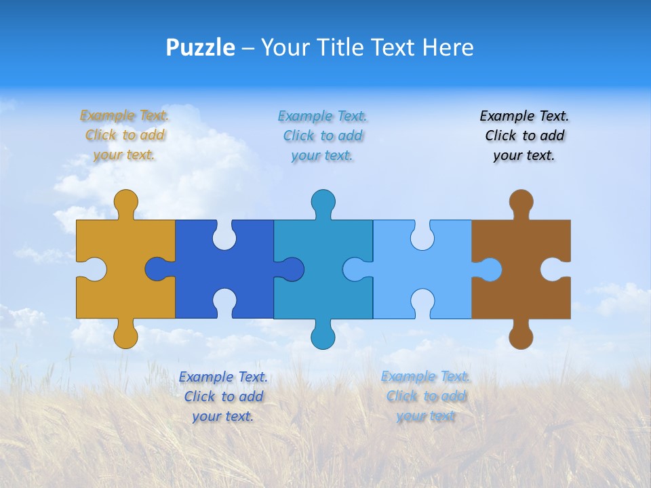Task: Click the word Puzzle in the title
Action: coord(200,47)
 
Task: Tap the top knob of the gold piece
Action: coord(125,202)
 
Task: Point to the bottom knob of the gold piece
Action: coord(125,336)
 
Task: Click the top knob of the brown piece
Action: coord(521,202)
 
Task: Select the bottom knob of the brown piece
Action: coord(521,336)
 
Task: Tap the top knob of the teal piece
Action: coord(323,202)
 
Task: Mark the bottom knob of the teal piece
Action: coord(323,336)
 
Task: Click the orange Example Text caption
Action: coord(125,135)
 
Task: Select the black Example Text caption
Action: coord(524,135)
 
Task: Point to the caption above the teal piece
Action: coord(323,135)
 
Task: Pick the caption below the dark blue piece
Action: coord(223,396)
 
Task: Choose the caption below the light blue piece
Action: coord(426,396)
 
